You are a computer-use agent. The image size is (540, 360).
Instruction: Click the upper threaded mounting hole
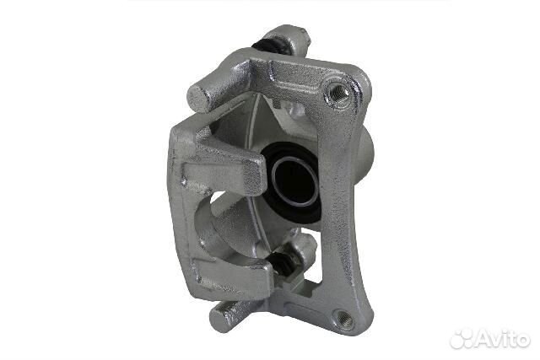(x=337, y=92)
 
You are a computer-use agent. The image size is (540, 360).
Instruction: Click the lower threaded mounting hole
(x=343, y=319)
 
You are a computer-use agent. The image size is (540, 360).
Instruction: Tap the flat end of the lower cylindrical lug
(x=219, y=318)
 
